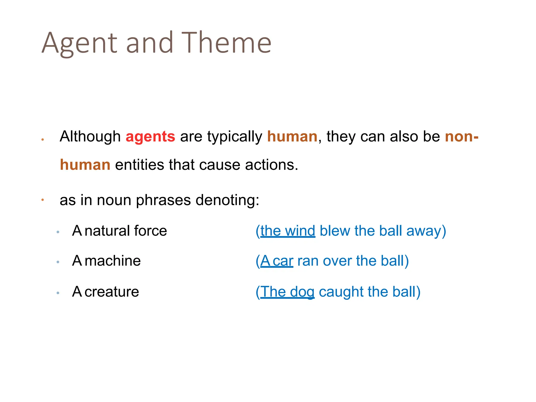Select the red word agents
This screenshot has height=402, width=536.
150,137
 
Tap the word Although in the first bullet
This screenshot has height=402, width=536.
90,137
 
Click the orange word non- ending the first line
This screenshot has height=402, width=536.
462,137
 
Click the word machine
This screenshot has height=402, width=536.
113,261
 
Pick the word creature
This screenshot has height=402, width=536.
112,292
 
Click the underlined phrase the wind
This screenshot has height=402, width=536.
288,231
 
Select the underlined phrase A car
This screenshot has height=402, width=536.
277,261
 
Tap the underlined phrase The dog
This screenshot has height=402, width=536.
287,292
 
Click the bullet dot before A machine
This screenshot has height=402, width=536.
58,262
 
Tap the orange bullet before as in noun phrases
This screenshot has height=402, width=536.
42,200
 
